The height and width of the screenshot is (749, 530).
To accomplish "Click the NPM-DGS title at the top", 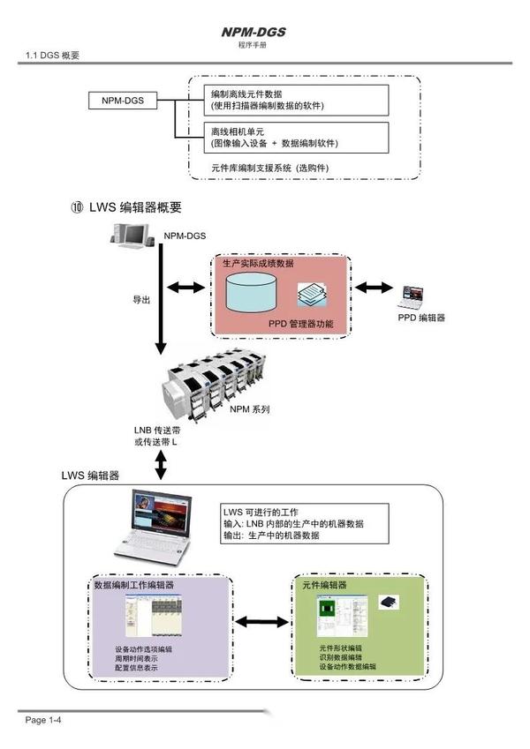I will pyautogui.click(x=254, y=33).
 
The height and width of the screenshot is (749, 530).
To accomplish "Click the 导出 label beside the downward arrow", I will pyautogui.click(x=141, y=300).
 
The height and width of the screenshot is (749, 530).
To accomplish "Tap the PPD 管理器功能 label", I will pyautogui.click(x=301, y=324).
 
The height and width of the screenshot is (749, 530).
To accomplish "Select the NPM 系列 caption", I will pyautogui.click(x=249, y=409).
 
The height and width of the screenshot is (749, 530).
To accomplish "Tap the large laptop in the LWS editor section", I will pyautogui.click(x=160, y=530).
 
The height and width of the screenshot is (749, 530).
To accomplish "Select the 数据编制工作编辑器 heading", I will pyautogui.click(x=133, y=585).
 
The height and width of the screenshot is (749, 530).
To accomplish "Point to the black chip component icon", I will pyautogui.click(x=390, y=602).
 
